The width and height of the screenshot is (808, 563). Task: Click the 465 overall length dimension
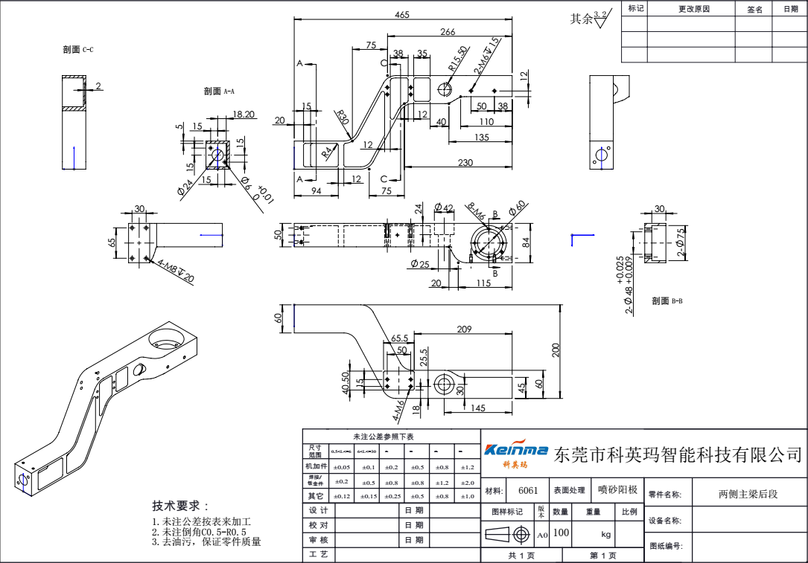[x=402, y=16]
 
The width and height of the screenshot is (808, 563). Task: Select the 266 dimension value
[x=448, y=32]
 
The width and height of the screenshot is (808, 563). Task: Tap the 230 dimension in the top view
[x=465, y=163]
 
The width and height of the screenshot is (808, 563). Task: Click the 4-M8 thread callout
[x=176, y=270]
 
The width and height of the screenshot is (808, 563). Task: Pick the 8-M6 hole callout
[x=476, y=211]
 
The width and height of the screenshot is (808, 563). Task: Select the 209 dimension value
[x=464, y=329]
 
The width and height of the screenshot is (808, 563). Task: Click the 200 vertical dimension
[x=556, y=350]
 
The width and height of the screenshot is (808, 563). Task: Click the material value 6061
[x=528, y=491]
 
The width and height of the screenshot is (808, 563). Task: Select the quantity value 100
[x=561, y=533]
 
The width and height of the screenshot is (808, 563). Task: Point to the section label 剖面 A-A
[x=219, y=91]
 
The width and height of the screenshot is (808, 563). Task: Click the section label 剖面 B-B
[x=667, y=301]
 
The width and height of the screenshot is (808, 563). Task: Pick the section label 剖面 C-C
[x=78, y=50]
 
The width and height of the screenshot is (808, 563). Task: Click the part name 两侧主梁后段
[x=748, y=494]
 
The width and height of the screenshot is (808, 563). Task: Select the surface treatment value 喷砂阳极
[x=618, y=490]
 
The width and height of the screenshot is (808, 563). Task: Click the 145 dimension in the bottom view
[x=478, y=408]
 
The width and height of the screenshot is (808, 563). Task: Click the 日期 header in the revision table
[x=789, y=9]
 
